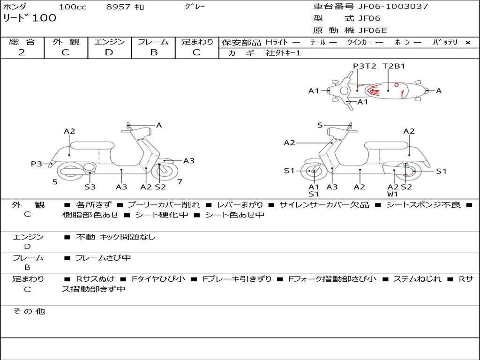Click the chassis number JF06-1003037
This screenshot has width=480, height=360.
tap(393, 7)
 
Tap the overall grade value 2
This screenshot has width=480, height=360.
tap(22, 52)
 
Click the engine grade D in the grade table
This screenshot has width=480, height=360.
tap(109, 52)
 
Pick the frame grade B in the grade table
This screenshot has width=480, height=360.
tap(153, 52)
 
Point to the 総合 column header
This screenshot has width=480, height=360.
tap(22, 42)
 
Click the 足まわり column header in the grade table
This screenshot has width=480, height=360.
tap(197, 42)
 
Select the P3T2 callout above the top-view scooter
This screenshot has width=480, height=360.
tap(365, 66)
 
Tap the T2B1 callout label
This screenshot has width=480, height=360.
tap(394, 66)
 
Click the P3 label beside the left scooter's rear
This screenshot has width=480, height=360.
tap(37, 164)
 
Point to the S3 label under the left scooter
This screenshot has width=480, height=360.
tap(90, 187)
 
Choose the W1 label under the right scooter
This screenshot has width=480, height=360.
tap(392, 194)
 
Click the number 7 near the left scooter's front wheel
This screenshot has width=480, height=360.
tap(180, 181)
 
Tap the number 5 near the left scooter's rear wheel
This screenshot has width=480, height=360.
tap(55, 182)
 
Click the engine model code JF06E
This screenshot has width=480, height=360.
tap(373, 31)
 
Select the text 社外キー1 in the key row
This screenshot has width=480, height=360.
tap(283, 53)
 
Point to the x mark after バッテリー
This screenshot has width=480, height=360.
tap(467, 43)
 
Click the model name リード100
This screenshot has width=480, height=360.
tap(30, 18)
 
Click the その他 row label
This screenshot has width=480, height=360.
tap(29, 311)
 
